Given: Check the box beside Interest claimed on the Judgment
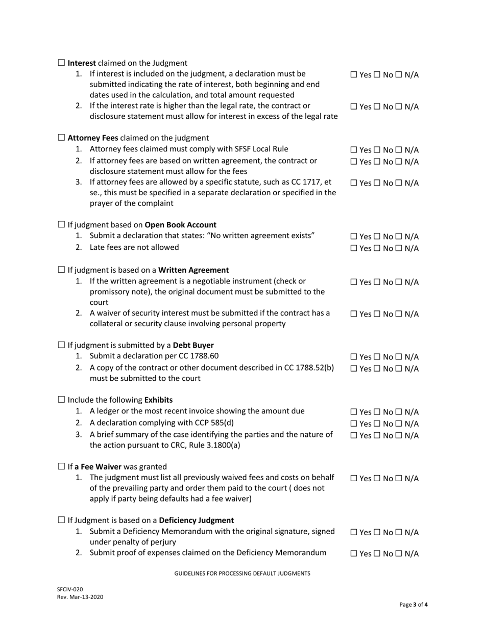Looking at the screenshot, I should click(x=61, y=63).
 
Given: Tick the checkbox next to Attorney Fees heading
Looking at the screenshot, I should click(x=61, y=138).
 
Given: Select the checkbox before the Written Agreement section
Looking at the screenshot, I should click(x=61, y=270).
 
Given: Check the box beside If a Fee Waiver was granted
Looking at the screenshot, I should click(x=61, y=466).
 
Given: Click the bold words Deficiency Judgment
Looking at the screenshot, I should click(x=197, y=520).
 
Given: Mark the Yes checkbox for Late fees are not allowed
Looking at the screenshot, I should click(x=354, y=248).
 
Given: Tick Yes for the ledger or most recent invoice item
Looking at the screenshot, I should click(x=354, y=412).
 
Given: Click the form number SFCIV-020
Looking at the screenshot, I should click(x=70, y=589).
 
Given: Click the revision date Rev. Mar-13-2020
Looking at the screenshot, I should click(x=80, y=597).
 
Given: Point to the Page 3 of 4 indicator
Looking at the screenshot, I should click(x=414, y=605).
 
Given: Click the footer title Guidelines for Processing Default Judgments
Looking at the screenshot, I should click(x=242, y=573).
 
